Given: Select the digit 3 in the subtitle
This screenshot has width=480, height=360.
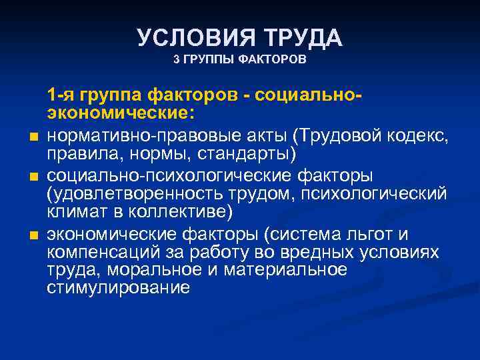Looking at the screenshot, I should [176, 60].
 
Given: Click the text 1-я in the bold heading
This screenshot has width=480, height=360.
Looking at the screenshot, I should [63, 95].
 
